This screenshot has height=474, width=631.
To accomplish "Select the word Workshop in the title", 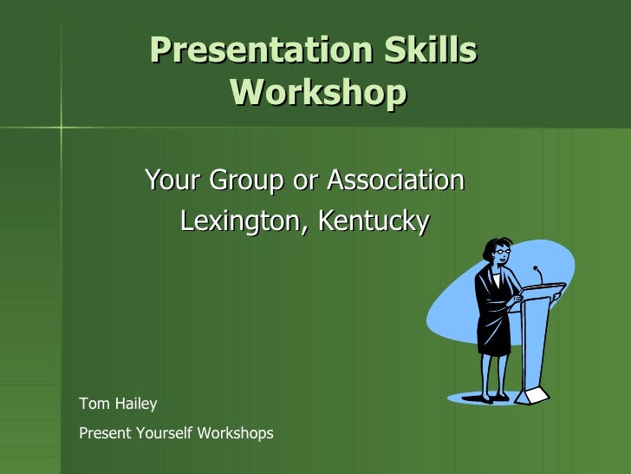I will tap(318, 91).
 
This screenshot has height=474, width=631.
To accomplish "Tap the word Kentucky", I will tap(373, 221).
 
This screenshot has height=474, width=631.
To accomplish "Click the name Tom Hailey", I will tap(118, 404).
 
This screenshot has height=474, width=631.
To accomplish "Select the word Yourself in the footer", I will tap(168, 432).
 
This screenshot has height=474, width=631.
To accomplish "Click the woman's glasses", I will tap(502, 253).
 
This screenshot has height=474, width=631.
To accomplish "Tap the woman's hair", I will tap(492, 247).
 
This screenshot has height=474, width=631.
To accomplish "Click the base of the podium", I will tap(532, 395).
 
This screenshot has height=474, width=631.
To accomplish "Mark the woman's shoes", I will tap(485, 398).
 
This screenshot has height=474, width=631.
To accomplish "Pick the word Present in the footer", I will tap(105, 432).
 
